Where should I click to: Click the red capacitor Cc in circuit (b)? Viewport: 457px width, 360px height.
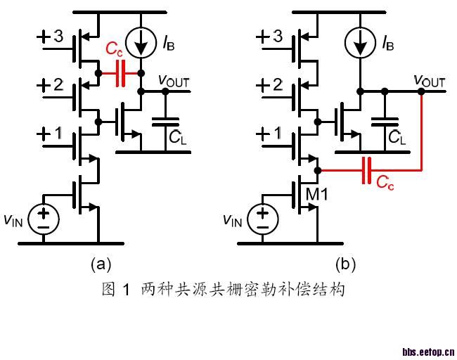(366, 170)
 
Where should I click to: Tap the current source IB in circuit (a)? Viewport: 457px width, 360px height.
(142, 44)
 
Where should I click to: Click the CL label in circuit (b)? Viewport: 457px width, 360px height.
(397, 138)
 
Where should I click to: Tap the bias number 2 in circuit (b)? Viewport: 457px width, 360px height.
(277, 86)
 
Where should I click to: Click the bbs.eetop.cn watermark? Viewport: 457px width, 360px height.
(428, 351)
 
